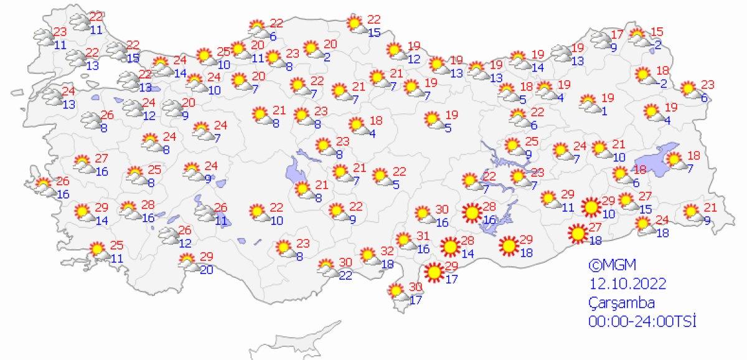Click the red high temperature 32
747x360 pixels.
click(x=387, y=252)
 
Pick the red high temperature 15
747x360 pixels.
click(x=657, y=32)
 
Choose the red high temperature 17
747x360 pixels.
click(x=616, y=34)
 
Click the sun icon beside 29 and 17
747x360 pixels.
click(x=434, y=272)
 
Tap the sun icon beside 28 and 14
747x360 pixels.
click(x=450, y=247)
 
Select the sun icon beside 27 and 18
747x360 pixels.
click(x=578, y=234)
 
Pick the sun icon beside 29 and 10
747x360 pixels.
click(x=591, y=206)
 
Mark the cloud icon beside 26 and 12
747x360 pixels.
click(x=169, y=235)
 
